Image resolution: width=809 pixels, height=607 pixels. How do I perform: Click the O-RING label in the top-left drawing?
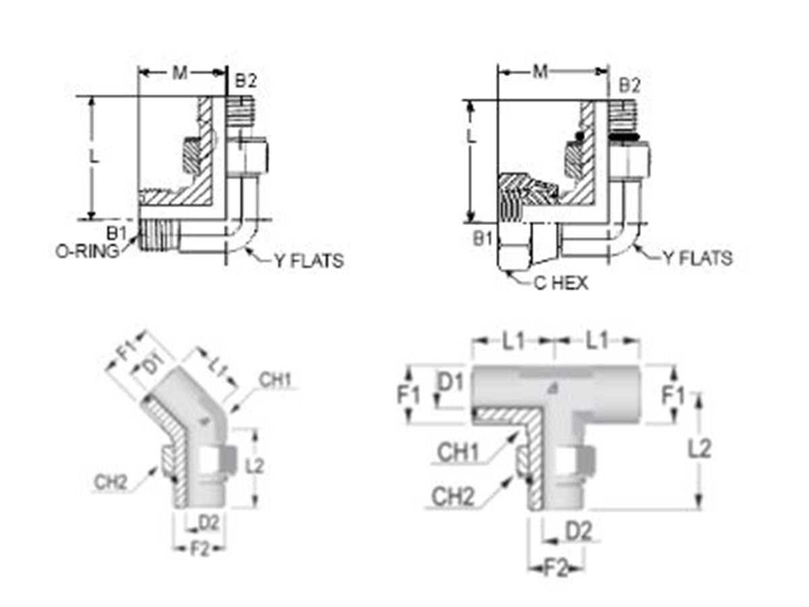(87, 250)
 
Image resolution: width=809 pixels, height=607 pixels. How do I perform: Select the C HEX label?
(560, 283)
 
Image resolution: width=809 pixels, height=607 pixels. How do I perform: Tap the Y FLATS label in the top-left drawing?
(308, 260)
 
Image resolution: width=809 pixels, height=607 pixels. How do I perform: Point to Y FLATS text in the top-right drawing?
(696, 258)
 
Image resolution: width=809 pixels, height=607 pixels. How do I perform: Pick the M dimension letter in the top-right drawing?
(540, 71)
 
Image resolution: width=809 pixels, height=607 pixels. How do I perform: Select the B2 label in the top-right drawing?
(629, 85)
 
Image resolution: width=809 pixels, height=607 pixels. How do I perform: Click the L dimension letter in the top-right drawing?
(473, 136)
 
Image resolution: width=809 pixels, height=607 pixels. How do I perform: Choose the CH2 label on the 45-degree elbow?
(111, 482)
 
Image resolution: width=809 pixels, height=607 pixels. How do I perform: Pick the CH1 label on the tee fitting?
(458, 452)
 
